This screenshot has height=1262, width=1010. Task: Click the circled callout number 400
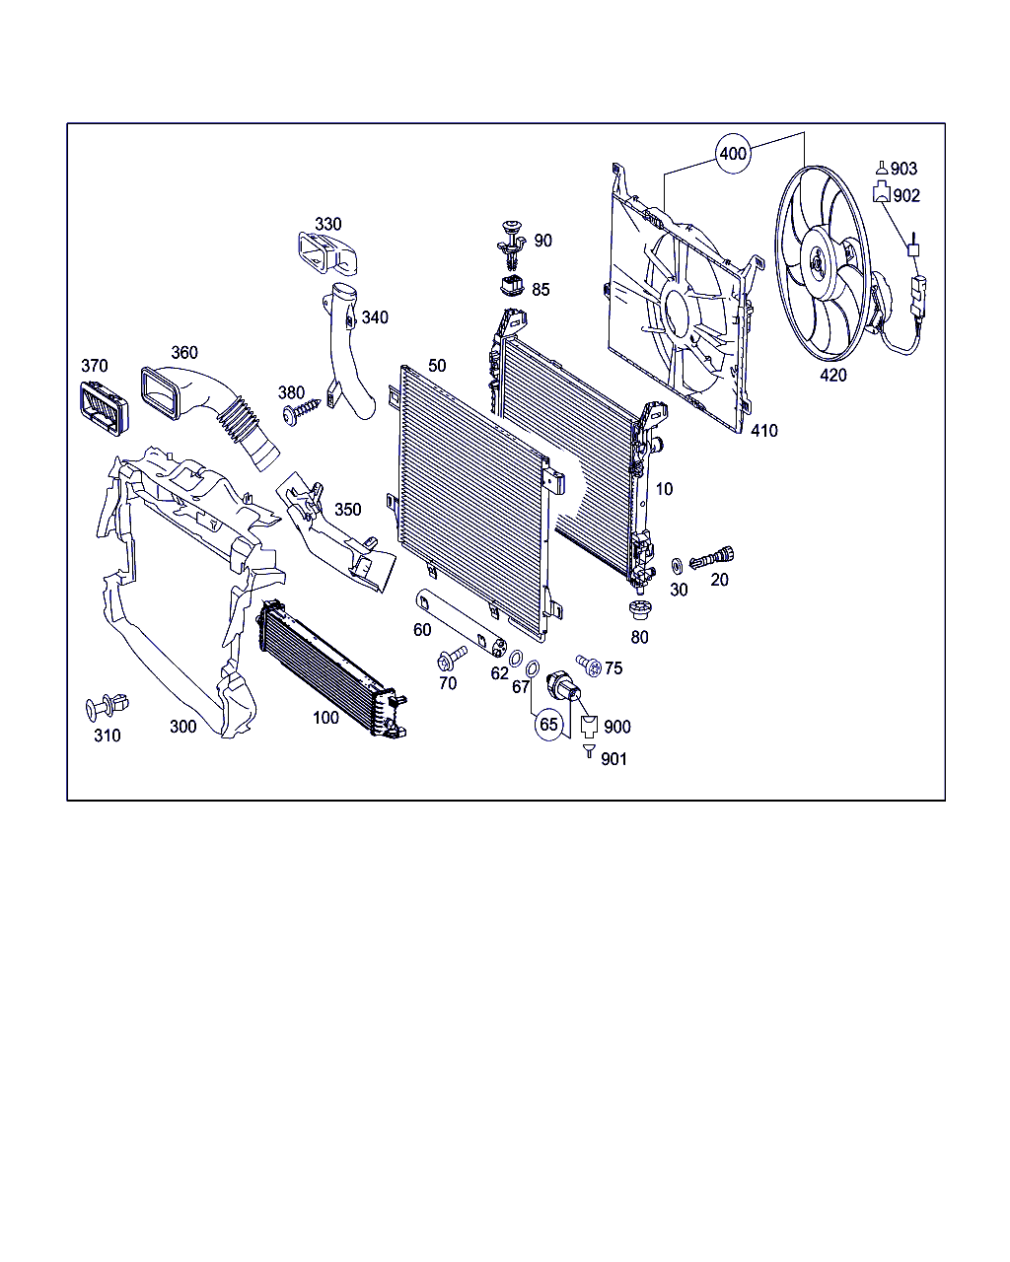coord(733,154)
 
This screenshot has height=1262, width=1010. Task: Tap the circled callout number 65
coord(548,724)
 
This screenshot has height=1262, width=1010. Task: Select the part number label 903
coord(903,169)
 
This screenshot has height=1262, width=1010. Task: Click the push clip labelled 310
coord(108,706)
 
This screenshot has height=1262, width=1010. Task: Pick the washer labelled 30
coord(677,566)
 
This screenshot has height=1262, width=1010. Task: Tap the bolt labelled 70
coord(452,658)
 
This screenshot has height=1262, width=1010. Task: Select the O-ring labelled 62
coord(515,658)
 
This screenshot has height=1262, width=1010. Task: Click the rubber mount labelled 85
coord(512,286)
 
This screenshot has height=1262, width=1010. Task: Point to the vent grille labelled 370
coord(104,408)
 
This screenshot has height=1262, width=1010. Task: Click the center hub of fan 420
coord(818,263)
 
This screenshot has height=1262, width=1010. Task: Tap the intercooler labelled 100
coord(332,668)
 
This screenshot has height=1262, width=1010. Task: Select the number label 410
coord(764,431)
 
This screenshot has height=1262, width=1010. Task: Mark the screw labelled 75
coord(589,666)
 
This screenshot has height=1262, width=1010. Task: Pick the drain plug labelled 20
coord(711,556)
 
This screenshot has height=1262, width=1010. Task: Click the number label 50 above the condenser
coord(437,366)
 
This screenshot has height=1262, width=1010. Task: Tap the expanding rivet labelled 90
coord(512,245)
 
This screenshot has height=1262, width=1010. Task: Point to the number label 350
coord(348,509)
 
